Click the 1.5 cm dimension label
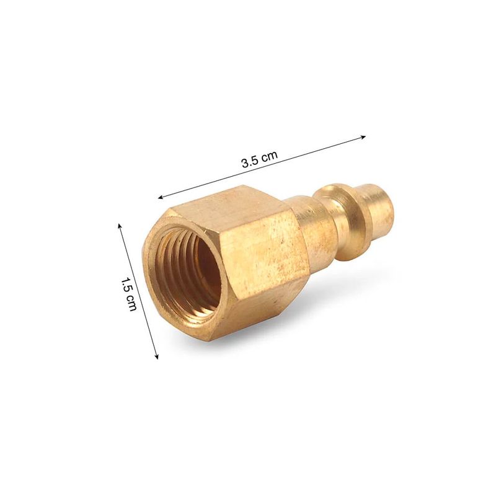tap(129, 294)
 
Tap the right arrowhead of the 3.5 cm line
tap(363, 137)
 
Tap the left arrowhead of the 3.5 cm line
tap(161, 197)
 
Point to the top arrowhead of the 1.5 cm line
tap(120, 226)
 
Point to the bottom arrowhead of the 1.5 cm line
tap(156, 356)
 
